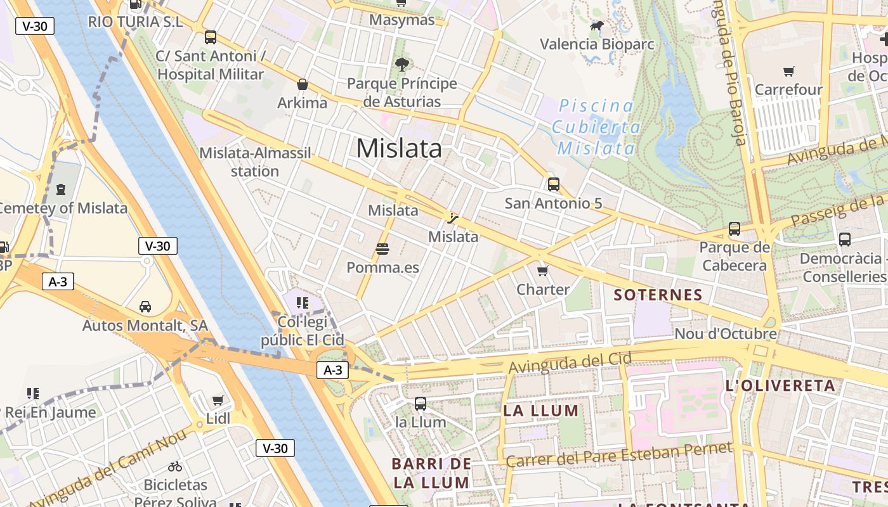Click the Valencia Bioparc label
pyautogui.click(x=597, y=44)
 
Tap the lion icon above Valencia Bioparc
pyautogui.click(x=597, y=26)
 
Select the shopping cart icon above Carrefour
pyautogui.click(x=788, y=71)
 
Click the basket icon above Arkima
pyautogui.click(x=303, y=84)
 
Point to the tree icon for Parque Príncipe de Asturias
pyautogui.click(x=402, y=64)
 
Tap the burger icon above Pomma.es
pyautogui.click(x=382, y=249)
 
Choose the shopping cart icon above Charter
pyautogui.click(x=542, y=271)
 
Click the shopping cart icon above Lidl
pyautogui.click(x=218, y=400)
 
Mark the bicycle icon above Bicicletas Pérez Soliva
pyautogui.click(x=175, y=466)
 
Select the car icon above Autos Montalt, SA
pyautogui.click(x=145, y=307)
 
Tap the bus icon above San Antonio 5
pyautogui.click(x=553, y=184)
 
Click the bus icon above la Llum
pyautogui.click(x=420, y=403)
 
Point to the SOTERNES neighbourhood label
pyautogui.click(x=658, y=295)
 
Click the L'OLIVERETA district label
pyautogui.click(x=780, y=385)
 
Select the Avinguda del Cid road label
pyautogui.click(x=570, y=363)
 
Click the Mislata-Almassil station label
pyautogui.click(x=255, y=162)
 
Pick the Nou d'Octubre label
pyautogui.click(x=726, y=333)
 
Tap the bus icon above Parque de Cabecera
pyautogui.click(x=734, y=228)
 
